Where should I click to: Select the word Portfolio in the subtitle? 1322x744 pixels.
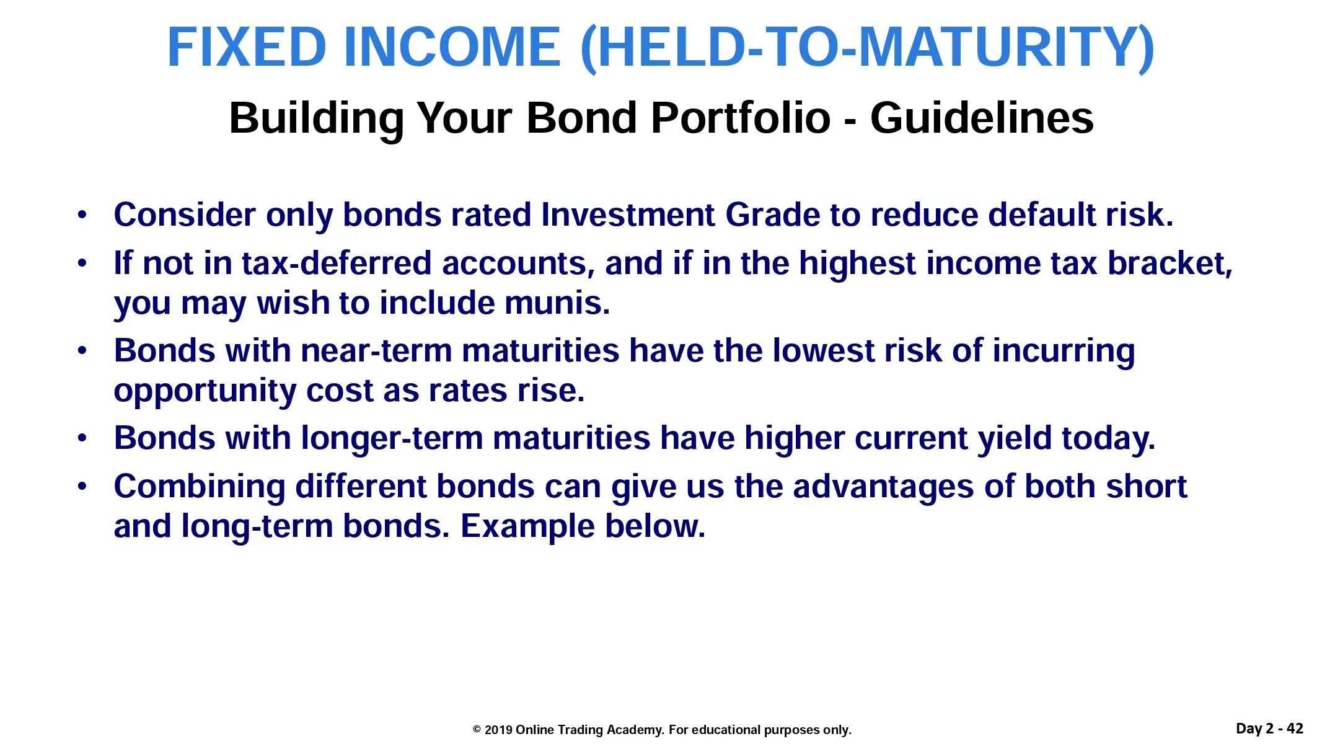point(741,118)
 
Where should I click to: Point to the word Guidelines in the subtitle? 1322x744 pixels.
point(982,117)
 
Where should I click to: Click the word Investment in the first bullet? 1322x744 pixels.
point(628,215)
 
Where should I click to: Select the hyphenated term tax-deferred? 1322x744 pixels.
point(337,263)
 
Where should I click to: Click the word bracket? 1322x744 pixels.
point(1170,263)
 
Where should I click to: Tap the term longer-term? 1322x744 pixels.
point(392,438)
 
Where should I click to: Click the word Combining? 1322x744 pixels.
point(200,487)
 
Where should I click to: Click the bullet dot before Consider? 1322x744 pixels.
point(82,216)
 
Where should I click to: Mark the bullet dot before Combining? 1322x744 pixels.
point(82,487)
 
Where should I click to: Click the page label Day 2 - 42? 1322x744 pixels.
point(1270,728)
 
